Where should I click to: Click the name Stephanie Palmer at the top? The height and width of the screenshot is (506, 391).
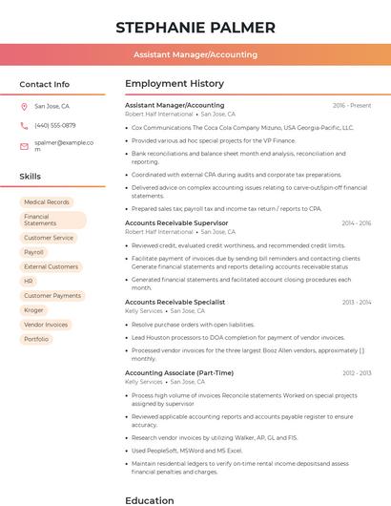click(195, 27)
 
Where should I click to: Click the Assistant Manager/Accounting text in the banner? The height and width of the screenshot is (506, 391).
click(195, 54)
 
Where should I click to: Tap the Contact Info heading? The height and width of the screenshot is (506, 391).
click(45, 84)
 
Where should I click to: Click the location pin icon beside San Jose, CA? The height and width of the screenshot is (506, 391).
click(25, 107)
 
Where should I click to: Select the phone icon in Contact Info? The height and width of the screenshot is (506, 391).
click(25, 125)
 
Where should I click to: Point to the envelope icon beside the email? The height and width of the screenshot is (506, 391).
click(25, 145)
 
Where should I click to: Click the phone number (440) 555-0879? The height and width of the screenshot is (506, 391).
click(54, 125)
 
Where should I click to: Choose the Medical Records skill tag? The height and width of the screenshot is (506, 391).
click(46, 202)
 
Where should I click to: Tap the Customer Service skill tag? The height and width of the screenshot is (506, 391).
click(49, 238)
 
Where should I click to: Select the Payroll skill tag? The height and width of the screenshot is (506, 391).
click(33, 252)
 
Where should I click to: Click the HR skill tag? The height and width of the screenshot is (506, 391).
click(29, 281)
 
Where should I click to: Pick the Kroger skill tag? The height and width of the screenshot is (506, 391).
click(33, 309)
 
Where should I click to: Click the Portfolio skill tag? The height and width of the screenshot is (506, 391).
click(36, 339)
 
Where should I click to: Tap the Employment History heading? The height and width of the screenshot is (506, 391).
click(175, 84)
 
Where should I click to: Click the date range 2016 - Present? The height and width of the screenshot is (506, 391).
click(351, 105)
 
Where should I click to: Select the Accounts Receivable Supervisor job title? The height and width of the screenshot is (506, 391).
click(176, 222)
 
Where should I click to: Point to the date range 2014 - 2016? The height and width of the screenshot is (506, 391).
click(355, 222)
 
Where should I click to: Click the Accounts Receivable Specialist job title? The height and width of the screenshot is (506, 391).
click(175, 302)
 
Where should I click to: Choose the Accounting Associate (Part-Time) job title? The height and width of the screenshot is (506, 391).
click(179, 372)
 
